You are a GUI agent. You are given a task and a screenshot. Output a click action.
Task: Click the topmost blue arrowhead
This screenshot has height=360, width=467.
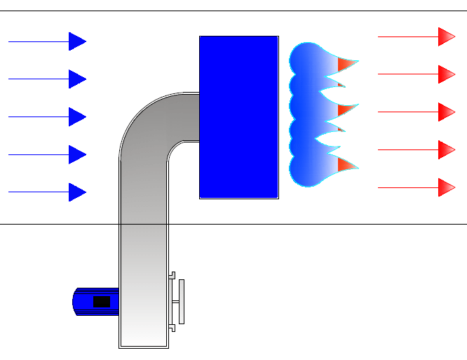coord(76,41)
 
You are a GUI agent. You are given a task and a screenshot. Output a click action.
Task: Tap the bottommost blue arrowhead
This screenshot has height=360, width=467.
coord(76,192)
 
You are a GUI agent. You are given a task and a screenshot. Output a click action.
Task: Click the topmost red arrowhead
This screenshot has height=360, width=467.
coord(446,36)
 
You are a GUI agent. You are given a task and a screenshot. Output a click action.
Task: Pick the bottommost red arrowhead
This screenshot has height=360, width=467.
coord(446,187)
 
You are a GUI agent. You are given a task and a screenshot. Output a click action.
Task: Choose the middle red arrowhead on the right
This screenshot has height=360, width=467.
coord(446,112)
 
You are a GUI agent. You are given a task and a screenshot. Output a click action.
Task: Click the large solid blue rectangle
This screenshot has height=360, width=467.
coord(238,117)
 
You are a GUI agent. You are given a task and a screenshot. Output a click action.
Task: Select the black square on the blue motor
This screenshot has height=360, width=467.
coord(102,302)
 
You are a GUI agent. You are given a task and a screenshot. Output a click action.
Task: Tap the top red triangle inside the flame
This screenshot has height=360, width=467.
coord(346,65)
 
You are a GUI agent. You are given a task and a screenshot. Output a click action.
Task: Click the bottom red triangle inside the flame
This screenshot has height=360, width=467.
coord(346,165)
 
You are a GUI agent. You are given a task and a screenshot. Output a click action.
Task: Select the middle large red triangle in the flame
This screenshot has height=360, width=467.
coord(344,110)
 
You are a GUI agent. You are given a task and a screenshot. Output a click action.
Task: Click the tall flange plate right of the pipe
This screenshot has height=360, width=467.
coord(182,302)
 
